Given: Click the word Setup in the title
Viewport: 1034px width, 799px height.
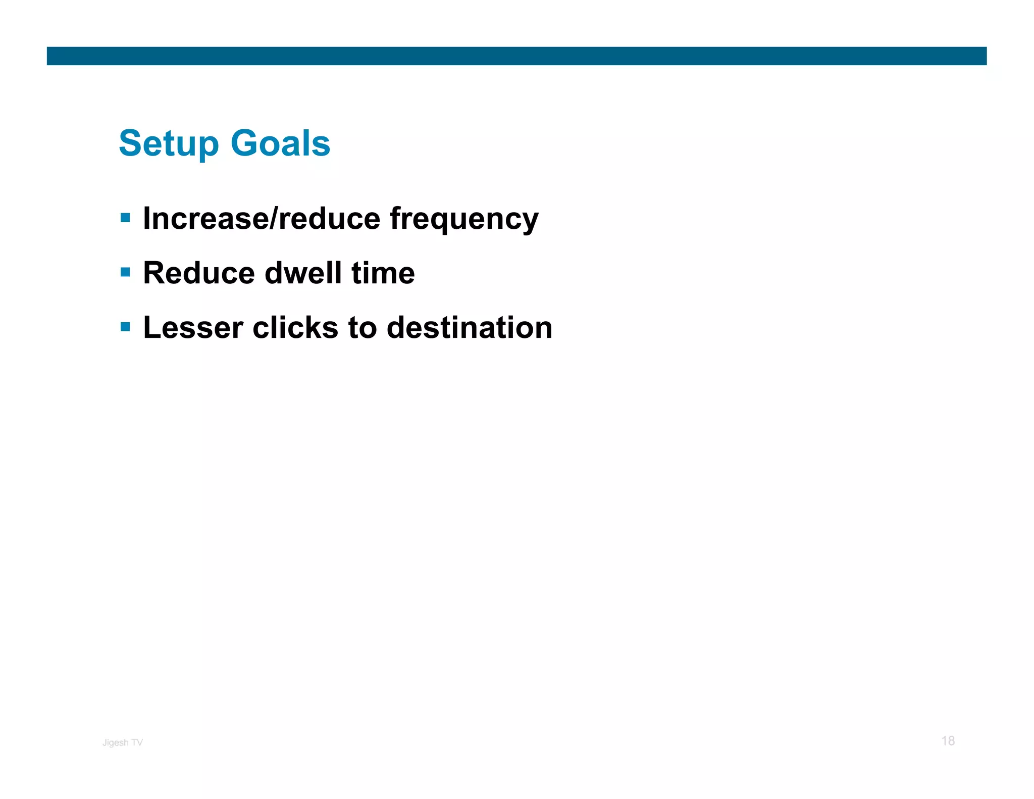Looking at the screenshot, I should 169,144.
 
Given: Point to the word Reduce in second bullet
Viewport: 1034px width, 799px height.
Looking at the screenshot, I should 199,273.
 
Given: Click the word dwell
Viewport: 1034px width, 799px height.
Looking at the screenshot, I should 303,273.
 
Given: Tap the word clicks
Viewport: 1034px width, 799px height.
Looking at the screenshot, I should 295,328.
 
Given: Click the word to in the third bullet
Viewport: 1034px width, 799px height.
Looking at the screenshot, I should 362,328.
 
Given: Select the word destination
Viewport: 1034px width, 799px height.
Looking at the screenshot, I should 469,328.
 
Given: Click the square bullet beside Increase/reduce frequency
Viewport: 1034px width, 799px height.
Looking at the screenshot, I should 126,218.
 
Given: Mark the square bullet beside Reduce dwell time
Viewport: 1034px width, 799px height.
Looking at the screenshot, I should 126,273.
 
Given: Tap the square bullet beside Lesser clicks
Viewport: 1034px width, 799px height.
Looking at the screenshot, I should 126,327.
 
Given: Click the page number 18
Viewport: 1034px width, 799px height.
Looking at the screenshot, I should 948,741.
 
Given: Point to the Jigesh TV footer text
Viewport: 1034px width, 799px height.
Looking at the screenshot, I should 123,742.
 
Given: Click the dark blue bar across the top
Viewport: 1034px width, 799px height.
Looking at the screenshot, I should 516,56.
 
